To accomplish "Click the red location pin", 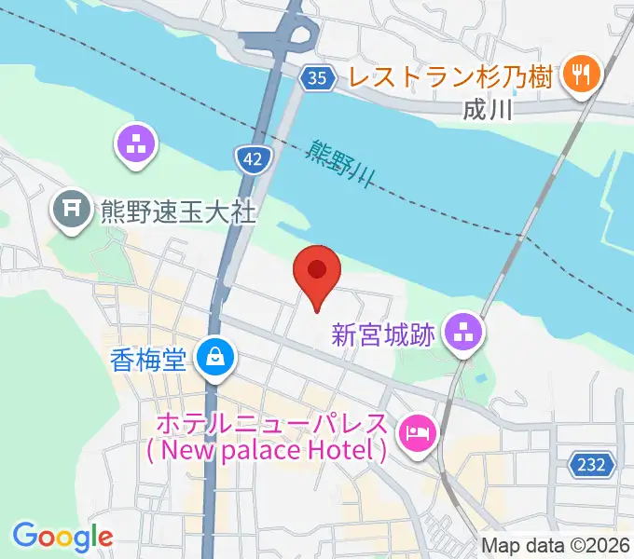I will click(x=317, y=272).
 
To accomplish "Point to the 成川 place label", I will click(x=488, y=110).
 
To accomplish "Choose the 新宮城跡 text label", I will click(x=383, y=334).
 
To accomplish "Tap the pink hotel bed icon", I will click(x=417, y=432).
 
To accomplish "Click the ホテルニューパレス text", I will click(x=270, y=424).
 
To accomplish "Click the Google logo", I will click(x=62, y=537).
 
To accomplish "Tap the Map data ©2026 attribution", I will click(x=556, y=544).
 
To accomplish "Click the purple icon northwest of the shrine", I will click(x=136, y=145).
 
